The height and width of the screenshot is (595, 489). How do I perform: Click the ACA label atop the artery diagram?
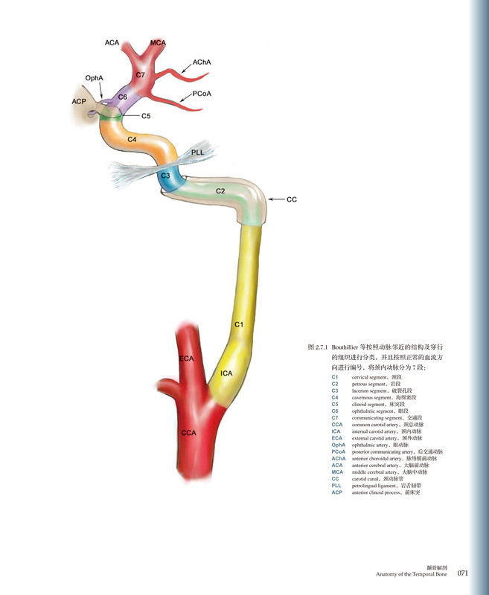point(112,43)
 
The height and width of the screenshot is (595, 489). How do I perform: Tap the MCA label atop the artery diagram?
point(158,43)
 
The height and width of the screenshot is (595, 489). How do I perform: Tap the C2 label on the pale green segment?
point(220,191)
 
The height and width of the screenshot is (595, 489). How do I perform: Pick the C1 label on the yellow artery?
point(239,324)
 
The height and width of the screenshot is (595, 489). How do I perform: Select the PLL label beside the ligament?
point(198,152)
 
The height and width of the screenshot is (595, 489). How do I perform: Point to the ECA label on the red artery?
point(186,359)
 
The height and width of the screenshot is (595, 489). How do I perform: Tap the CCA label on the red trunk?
point(189,431)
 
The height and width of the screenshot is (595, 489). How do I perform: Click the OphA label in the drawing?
point(94,77)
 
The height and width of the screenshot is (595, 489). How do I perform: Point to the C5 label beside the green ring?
point(146,117)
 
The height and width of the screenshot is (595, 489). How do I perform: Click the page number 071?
point(462,573)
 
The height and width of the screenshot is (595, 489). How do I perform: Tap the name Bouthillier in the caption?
point(350,347)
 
